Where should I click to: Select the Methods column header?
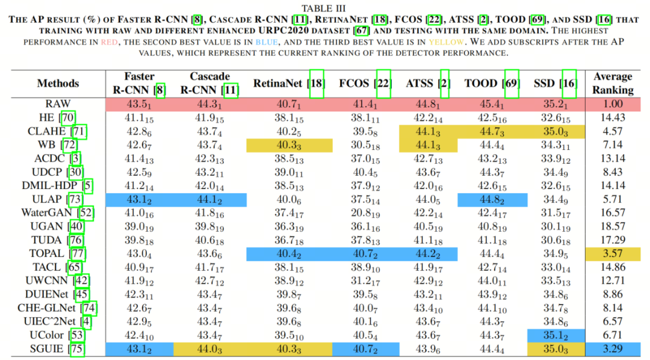click(x=58, y=83)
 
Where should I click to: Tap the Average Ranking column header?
click(x=613, y=83)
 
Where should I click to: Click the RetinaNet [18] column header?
click(x=289, y=83)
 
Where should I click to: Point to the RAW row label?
click(x=58, y=104)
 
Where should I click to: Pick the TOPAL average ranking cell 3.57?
click(x=613, y=253)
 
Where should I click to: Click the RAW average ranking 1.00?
click(x=613, y=104)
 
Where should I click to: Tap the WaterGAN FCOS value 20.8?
click(x=365, y=213)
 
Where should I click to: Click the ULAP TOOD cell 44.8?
click(x=492, y=199)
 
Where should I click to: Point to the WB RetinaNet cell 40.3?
click(x=289, y=145)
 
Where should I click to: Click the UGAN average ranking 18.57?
click(x=613, y=226)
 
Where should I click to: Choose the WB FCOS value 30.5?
click(x=365, y=145)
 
